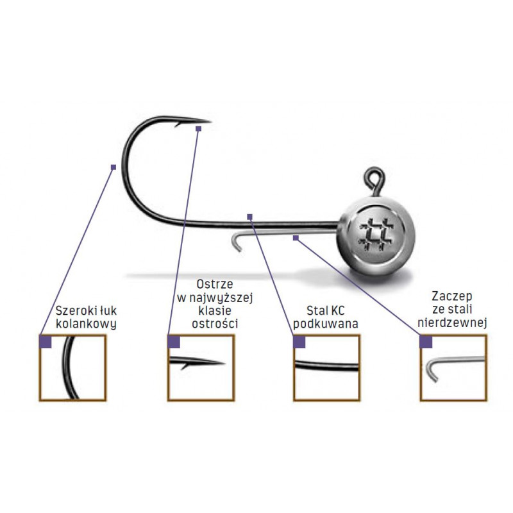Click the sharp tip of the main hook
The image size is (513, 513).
210,121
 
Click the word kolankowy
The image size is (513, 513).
86,323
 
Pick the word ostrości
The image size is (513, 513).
215,324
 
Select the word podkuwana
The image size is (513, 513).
325,324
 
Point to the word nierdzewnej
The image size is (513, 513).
452,323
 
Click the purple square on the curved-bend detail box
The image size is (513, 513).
46,342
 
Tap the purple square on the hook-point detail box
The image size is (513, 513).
173,342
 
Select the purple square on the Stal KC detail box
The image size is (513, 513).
299,342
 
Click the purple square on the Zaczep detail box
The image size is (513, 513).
426,342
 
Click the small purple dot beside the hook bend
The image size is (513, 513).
114,167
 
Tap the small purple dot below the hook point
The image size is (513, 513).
198,129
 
